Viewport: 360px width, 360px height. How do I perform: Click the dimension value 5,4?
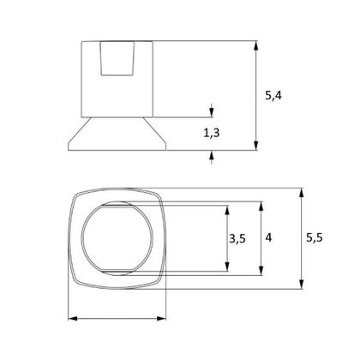tap(273, 95)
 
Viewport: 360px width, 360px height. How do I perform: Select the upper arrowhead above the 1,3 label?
tap(211, 112)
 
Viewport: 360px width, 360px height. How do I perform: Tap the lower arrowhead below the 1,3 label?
tap(211, 156)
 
